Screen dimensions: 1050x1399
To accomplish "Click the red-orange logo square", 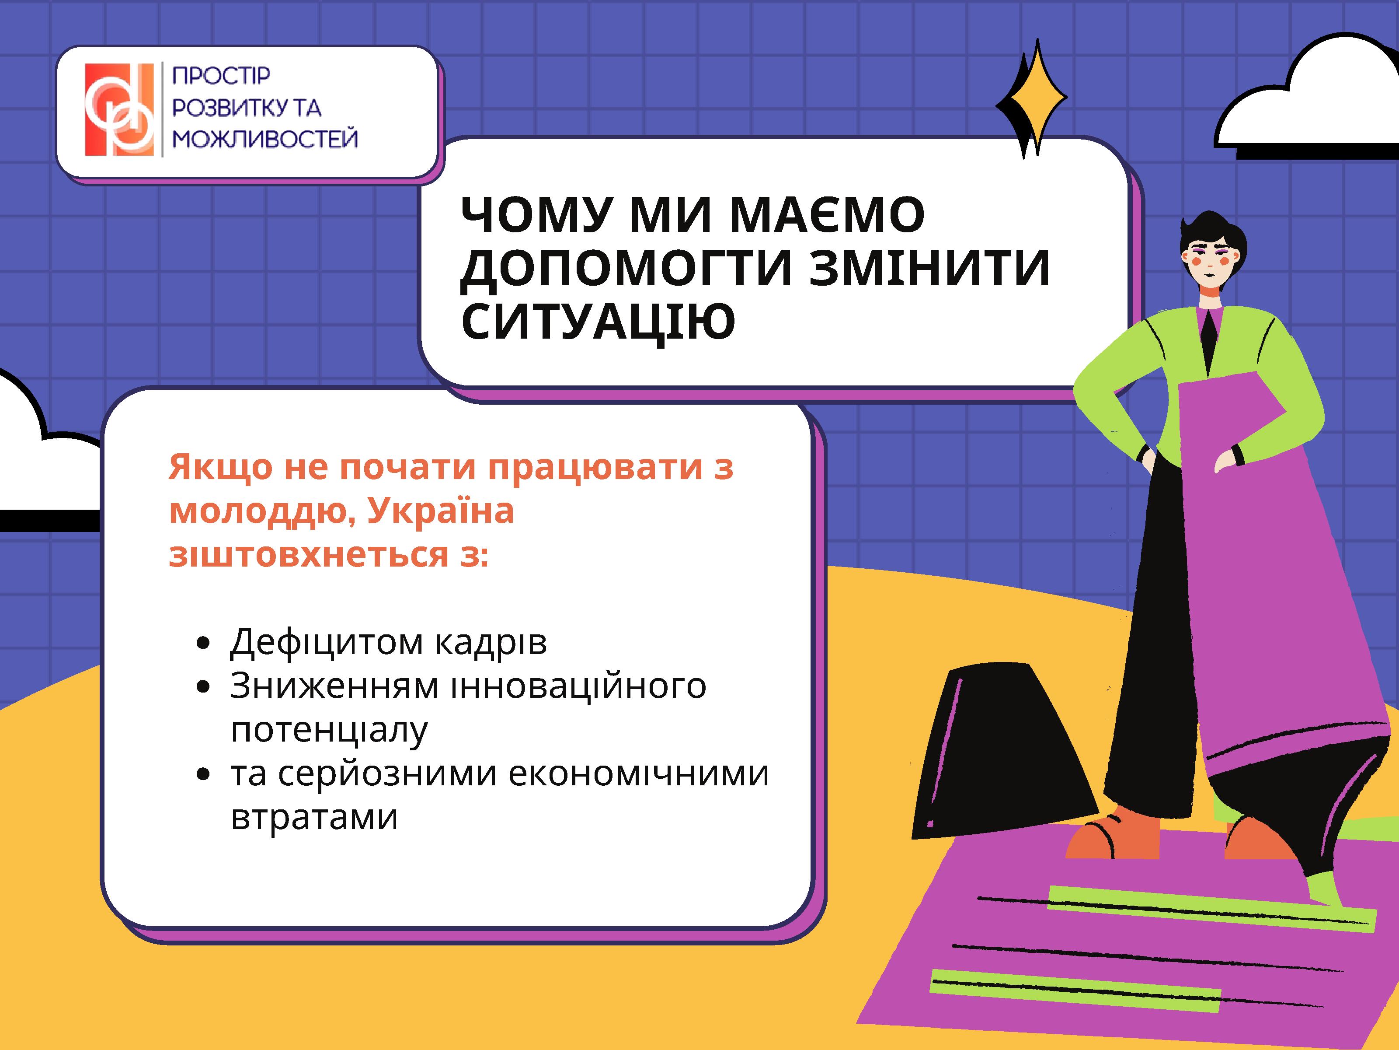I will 119,109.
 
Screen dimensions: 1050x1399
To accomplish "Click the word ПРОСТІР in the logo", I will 221,75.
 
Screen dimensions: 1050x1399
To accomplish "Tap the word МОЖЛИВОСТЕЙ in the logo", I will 265,139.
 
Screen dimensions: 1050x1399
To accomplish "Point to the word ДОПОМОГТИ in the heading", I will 626,268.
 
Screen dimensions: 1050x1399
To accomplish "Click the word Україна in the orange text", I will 441,511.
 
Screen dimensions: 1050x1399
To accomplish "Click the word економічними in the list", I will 638,773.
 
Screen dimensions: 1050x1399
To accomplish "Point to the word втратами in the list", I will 314,817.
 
